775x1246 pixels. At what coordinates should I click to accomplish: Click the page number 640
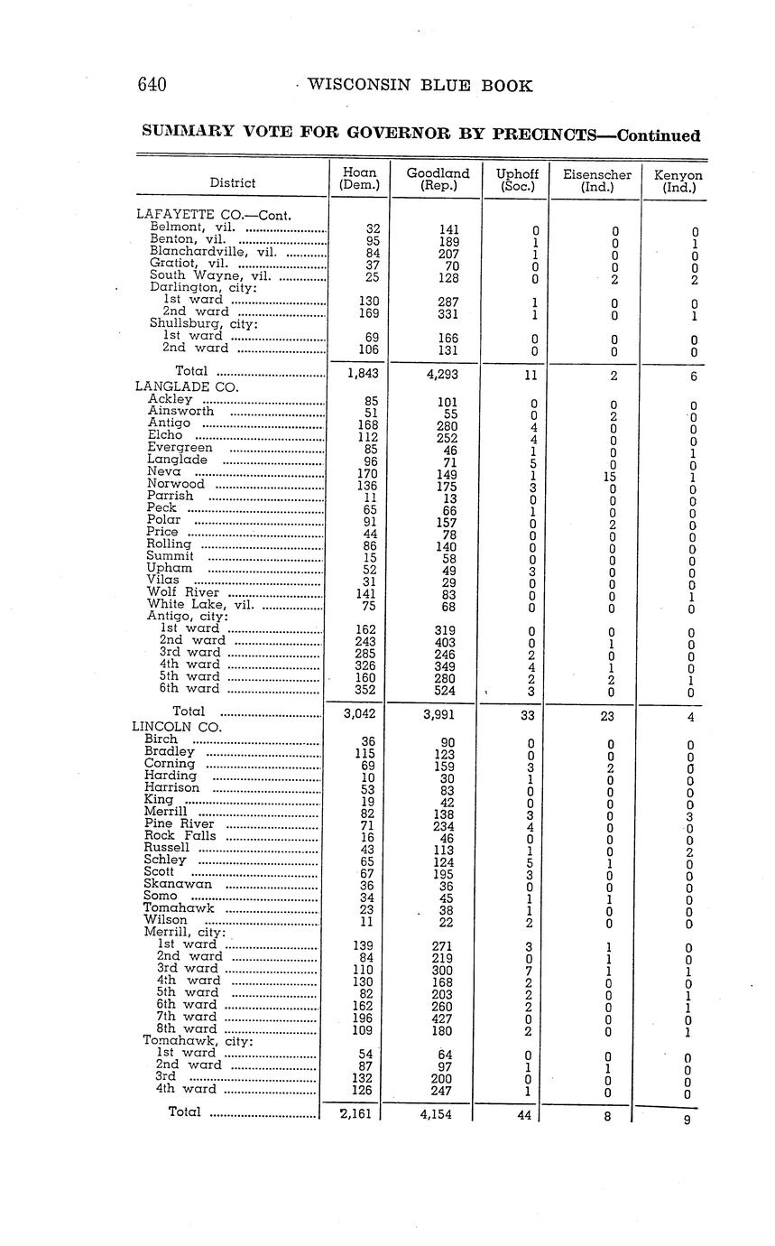tap(152, 86)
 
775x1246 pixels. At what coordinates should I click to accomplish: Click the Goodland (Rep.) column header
tap(438, 180)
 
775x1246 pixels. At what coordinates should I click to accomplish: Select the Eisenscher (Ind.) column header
tap(596, 181)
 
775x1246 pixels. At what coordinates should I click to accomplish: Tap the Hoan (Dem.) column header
tap(359, 179)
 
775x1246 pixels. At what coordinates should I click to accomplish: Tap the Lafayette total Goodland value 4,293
tap(438, 372)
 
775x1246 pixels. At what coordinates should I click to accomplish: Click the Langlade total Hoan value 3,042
tap(359, 713)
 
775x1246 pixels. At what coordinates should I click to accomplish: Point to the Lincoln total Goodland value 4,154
tap(438, 1114)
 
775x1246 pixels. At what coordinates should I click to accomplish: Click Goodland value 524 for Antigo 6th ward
tap(438, 691)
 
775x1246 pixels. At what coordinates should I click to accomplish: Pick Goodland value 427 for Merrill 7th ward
tap(438, 1017)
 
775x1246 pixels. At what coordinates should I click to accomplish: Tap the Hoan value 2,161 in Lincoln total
tap(359, 1114)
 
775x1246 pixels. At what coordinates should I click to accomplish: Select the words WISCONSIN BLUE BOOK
tap(420, 86)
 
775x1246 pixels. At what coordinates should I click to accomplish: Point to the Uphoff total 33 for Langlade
tap(528, 714)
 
